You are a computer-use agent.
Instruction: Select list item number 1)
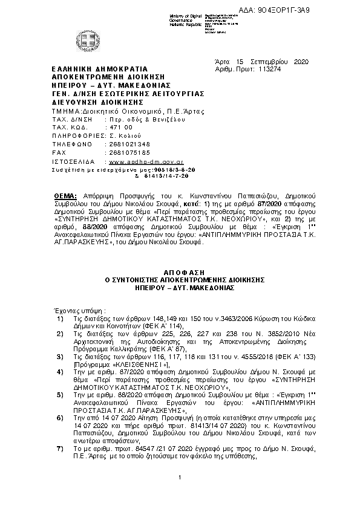(x=59, y=317)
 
